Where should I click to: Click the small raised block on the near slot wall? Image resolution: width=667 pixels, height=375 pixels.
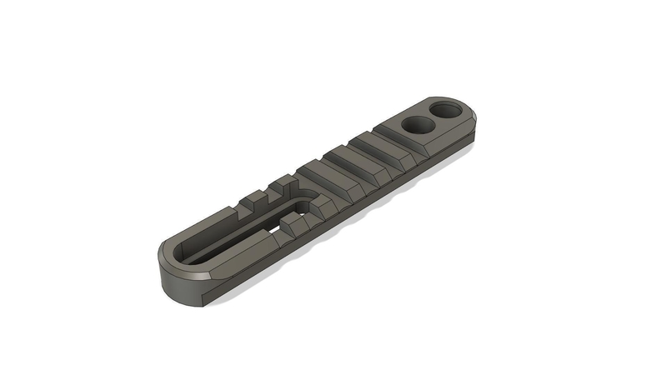[293, 222]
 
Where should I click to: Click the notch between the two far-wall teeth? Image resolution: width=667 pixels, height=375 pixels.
[269, 193]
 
